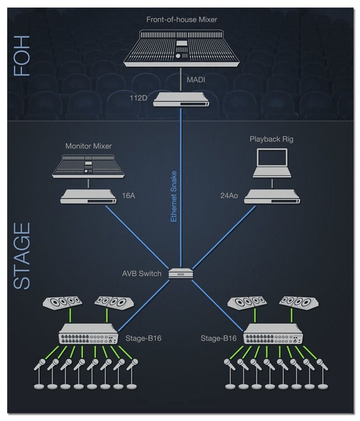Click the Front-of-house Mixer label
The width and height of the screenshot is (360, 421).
pos(182,20)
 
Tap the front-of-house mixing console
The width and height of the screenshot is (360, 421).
pos(181,48)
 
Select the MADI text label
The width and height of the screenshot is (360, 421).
pos(196,80)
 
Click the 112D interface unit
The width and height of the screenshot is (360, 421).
pos(181,99)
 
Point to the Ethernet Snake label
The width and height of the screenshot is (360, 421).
pos(174,196)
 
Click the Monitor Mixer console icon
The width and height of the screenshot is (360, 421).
pos(88,166)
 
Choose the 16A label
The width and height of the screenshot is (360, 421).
pos(128,196)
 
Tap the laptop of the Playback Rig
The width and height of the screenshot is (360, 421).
pos(272,163)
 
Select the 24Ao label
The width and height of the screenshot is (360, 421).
pos(229,196)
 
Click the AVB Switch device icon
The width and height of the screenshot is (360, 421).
pos(181,273)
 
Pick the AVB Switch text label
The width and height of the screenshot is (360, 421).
pos(142,273)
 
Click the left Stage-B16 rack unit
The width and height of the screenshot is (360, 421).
pos(88,334)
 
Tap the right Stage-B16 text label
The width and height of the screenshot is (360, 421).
pos(219,338)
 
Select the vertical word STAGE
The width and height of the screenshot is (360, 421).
pos(22,256)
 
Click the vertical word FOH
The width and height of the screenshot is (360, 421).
pos(21,56)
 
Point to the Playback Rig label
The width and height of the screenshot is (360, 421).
pos(271,139)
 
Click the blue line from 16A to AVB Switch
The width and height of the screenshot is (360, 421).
pos(137,237)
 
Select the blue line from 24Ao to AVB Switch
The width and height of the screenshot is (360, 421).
pos(224,237)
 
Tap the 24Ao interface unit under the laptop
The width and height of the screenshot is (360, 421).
pos(273,196)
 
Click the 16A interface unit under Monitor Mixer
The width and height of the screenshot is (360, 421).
pos(88,196)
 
